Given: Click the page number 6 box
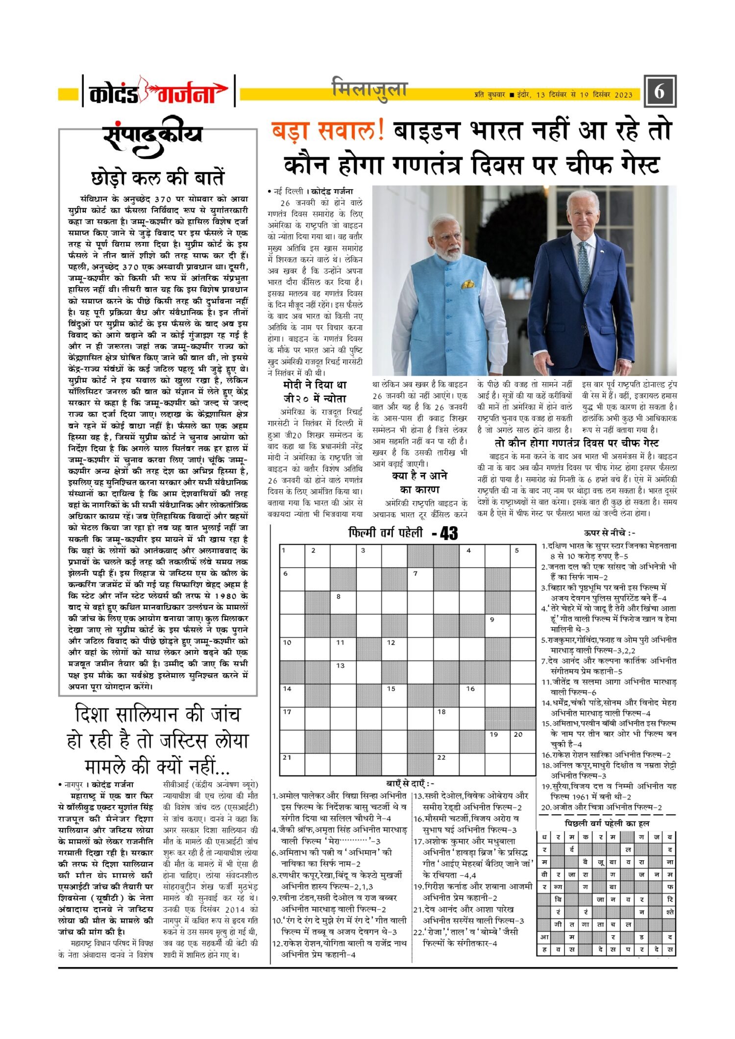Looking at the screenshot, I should point(660,92).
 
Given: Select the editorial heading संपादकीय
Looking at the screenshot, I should point(153,135).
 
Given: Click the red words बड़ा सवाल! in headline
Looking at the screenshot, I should point(328,131).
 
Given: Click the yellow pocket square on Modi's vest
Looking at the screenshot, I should point(467,284).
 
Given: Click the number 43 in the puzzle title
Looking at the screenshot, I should point(448,533).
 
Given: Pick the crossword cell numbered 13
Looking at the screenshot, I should point(343,672).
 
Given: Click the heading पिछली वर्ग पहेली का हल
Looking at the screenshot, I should point(607,823).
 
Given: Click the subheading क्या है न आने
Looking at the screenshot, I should point(419,476).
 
